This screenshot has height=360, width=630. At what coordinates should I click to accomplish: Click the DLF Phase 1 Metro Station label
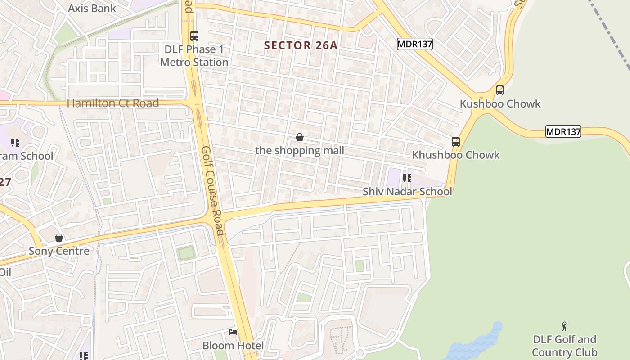click(x=194, y=56)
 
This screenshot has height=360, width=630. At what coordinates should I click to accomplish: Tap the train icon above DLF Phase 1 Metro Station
click(x=194, y=36)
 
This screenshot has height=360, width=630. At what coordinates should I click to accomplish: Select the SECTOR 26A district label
click(x=301, y=45)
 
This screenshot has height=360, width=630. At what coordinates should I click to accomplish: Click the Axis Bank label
click(x=92, y=8)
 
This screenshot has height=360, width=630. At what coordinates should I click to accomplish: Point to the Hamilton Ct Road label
click(x=113, y=103)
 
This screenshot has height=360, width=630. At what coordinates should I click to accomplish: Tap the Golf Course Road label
click(x=213, y=190)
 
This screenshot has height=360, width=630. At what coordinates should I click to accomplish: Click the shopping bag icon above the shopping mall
click(x=300, y=137)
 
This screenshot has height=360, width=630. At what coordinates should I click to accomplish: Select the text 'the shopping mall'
click(x=300, y=150)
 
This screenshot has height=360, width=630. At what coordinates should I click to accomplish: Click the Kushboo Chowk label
click(x=500, y=104)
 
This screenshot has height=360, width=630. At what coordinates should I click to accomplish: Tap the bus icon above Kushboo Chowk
click(x=499, y=90)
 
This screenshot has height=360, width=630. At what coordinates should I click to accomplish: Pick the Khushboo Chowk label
click(x=456, y=155)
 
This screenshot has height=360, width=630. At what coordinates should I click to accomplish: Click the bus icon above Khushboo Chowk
click(x=456, y=142)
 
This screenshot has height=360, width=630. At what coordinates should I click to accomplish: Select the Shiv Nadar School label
click(x=407, y=191)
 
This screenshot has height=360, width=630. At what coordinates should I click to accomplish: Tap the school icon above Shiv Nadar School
click(x=407, y=178)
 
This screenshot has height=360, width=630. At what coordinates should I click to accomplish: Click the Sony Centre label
click(x=59, y=251)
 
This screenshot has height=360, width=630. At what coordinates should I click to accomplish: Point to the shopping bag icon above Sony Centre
click(x=59, y=238)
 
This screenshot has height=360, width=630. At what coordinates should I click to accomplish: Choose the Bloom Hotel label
click(x=233, y=346)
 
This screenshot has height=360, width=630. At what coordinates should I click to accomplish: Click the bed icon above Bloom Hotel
click(x=233, y=332)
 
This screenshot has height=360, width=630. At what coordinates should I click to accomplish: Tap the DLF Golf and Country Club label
click(x=564, y=346)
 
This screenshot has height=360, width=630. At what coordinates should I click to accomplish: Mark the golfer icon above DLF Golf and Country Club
click(x=564, y=326)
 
